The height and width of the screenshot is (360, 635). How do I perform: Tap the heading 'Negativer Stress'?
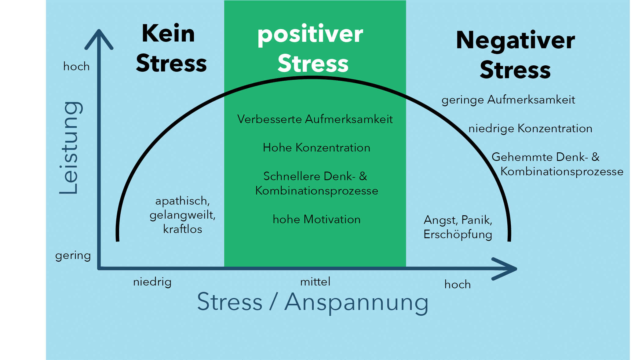point(515,55)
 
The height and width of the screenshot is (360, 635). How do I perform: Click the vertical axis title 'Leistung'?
point(69,148)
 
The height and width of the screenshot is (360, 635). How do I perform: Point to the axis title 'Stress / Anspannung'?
point(312,302)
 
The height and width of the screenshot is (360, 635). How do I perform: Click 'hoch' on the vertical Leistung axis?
point(76,67)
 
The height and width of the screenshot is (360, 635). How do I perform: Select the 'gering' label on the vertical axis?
point(73,256)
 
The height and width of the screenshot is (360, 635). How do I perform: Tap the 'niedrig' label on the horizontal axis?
point(152,282)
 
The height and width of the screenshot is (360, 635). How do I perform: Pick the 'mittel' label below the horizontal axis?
point(315,282)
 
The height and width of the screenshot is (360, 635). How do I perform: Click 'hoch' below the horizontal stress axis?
point(457,285)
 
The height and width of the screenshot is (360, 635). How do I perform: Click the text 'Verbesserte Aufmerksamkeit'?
point(315,119)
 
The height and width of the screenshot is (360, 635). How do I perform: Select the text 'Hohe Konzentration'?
point(316,148)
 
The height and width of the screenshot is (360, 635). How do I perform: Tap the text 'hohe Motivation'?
point(316,220)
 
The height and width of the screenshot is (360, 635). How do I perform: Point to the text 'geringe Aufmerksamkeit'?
point(508,100)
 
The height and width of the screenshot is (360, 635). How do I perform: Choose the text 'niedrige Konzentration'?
point(530,129)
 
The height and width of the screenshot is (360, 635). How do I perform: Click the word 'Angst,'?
point(441,220)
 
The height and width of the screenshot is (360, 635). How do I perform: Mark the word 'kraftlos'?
point(182,229)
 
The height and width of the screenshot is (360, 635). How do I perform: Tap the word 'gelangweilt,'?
point(182,215)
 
